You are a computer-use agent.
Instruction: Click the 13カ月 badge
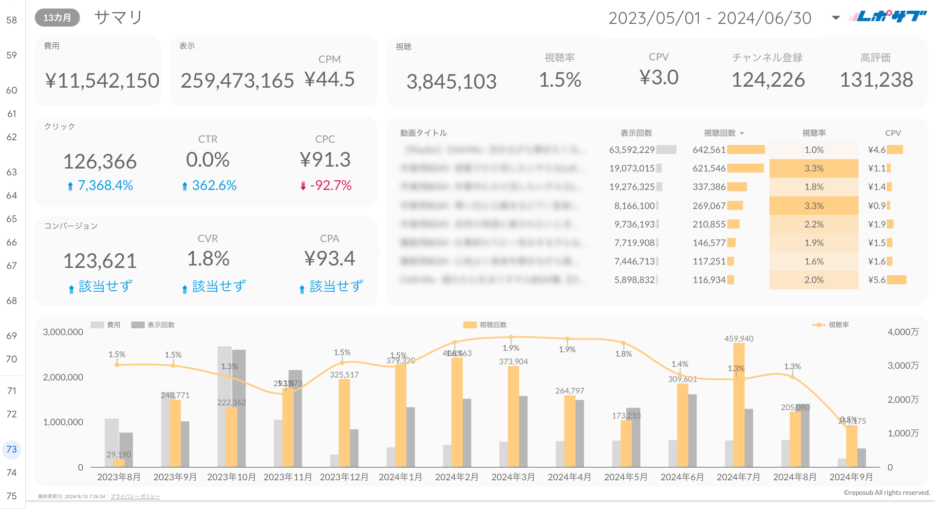click(x=57, y=18)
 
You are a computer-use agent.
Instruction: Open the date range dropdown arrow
click(x=836, y=18)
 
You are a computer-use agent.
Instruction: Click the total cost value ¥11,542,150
click(x=102, y=81)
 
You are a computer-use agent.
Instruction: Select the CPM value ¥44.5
click(x=330, y=79)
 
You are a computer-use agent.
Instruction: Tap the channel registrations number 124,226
click(x=768, y=80)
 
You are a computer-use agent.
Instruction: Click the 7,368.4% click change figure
click(x=105, y=186)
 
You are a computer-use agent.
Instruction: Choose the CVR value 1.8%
click(x=208, y=259)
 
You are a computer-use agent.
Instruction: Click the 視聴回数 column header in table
click(x=720, y=133)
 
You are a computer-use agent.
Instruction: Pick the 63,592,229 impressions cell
click(x=632, y=150)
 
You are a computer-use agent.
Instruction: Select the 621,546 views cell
click(x=709, y=169)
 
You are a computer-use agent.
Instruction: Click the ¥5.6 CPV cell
click(x=877, y=280)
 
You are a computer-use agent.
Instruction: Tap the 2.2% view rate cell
click(x=814, y=225)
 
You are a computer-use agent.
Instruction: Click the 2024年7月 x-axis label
click(x=738, y=477)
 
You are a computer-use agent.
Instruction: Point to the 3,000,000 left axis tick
click(x=63, y=332)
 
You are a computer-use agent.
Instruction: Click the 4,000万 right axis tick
click(x=903, y=332)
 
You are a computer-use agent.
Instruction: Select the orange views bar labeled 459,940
click(x=739, y=404)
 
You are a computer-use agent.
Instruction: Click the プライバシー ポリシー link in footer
click(x=135, y=496)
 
